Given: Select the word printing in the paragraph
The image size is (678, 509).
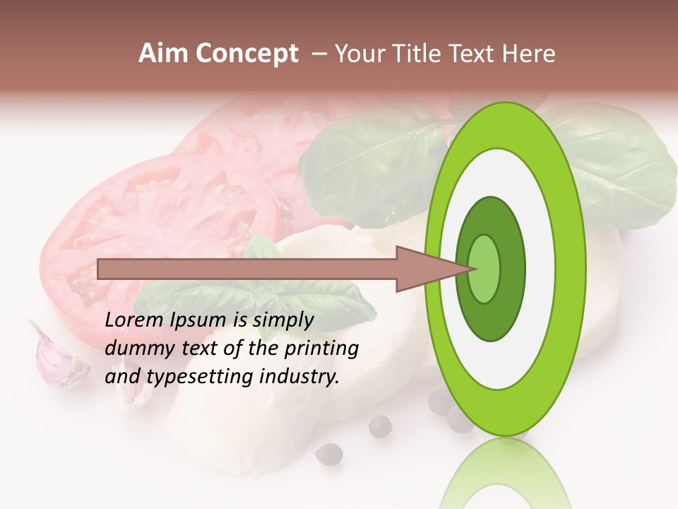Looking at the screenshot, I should (x=322, y=349).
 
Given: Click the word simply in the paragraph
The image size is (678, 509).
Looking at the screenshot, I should (x=282, y=320).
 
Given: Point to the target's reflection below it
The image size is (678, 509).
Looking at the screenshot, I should (x=504, y=474).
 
